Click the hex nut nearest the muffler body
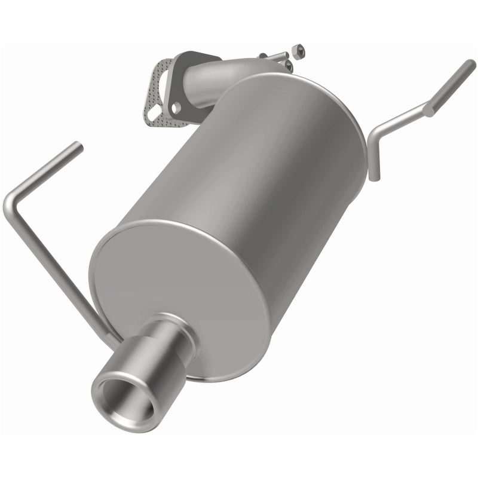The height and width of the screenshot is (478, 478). [x=289, y=65]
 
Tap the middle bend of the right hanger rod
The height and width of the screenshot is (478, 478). [x=429, y=109]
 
